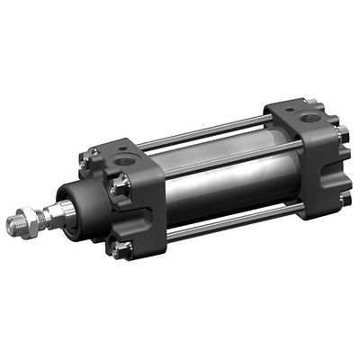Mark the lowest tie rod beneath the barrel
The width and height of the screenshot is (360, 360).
(225, 228)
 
